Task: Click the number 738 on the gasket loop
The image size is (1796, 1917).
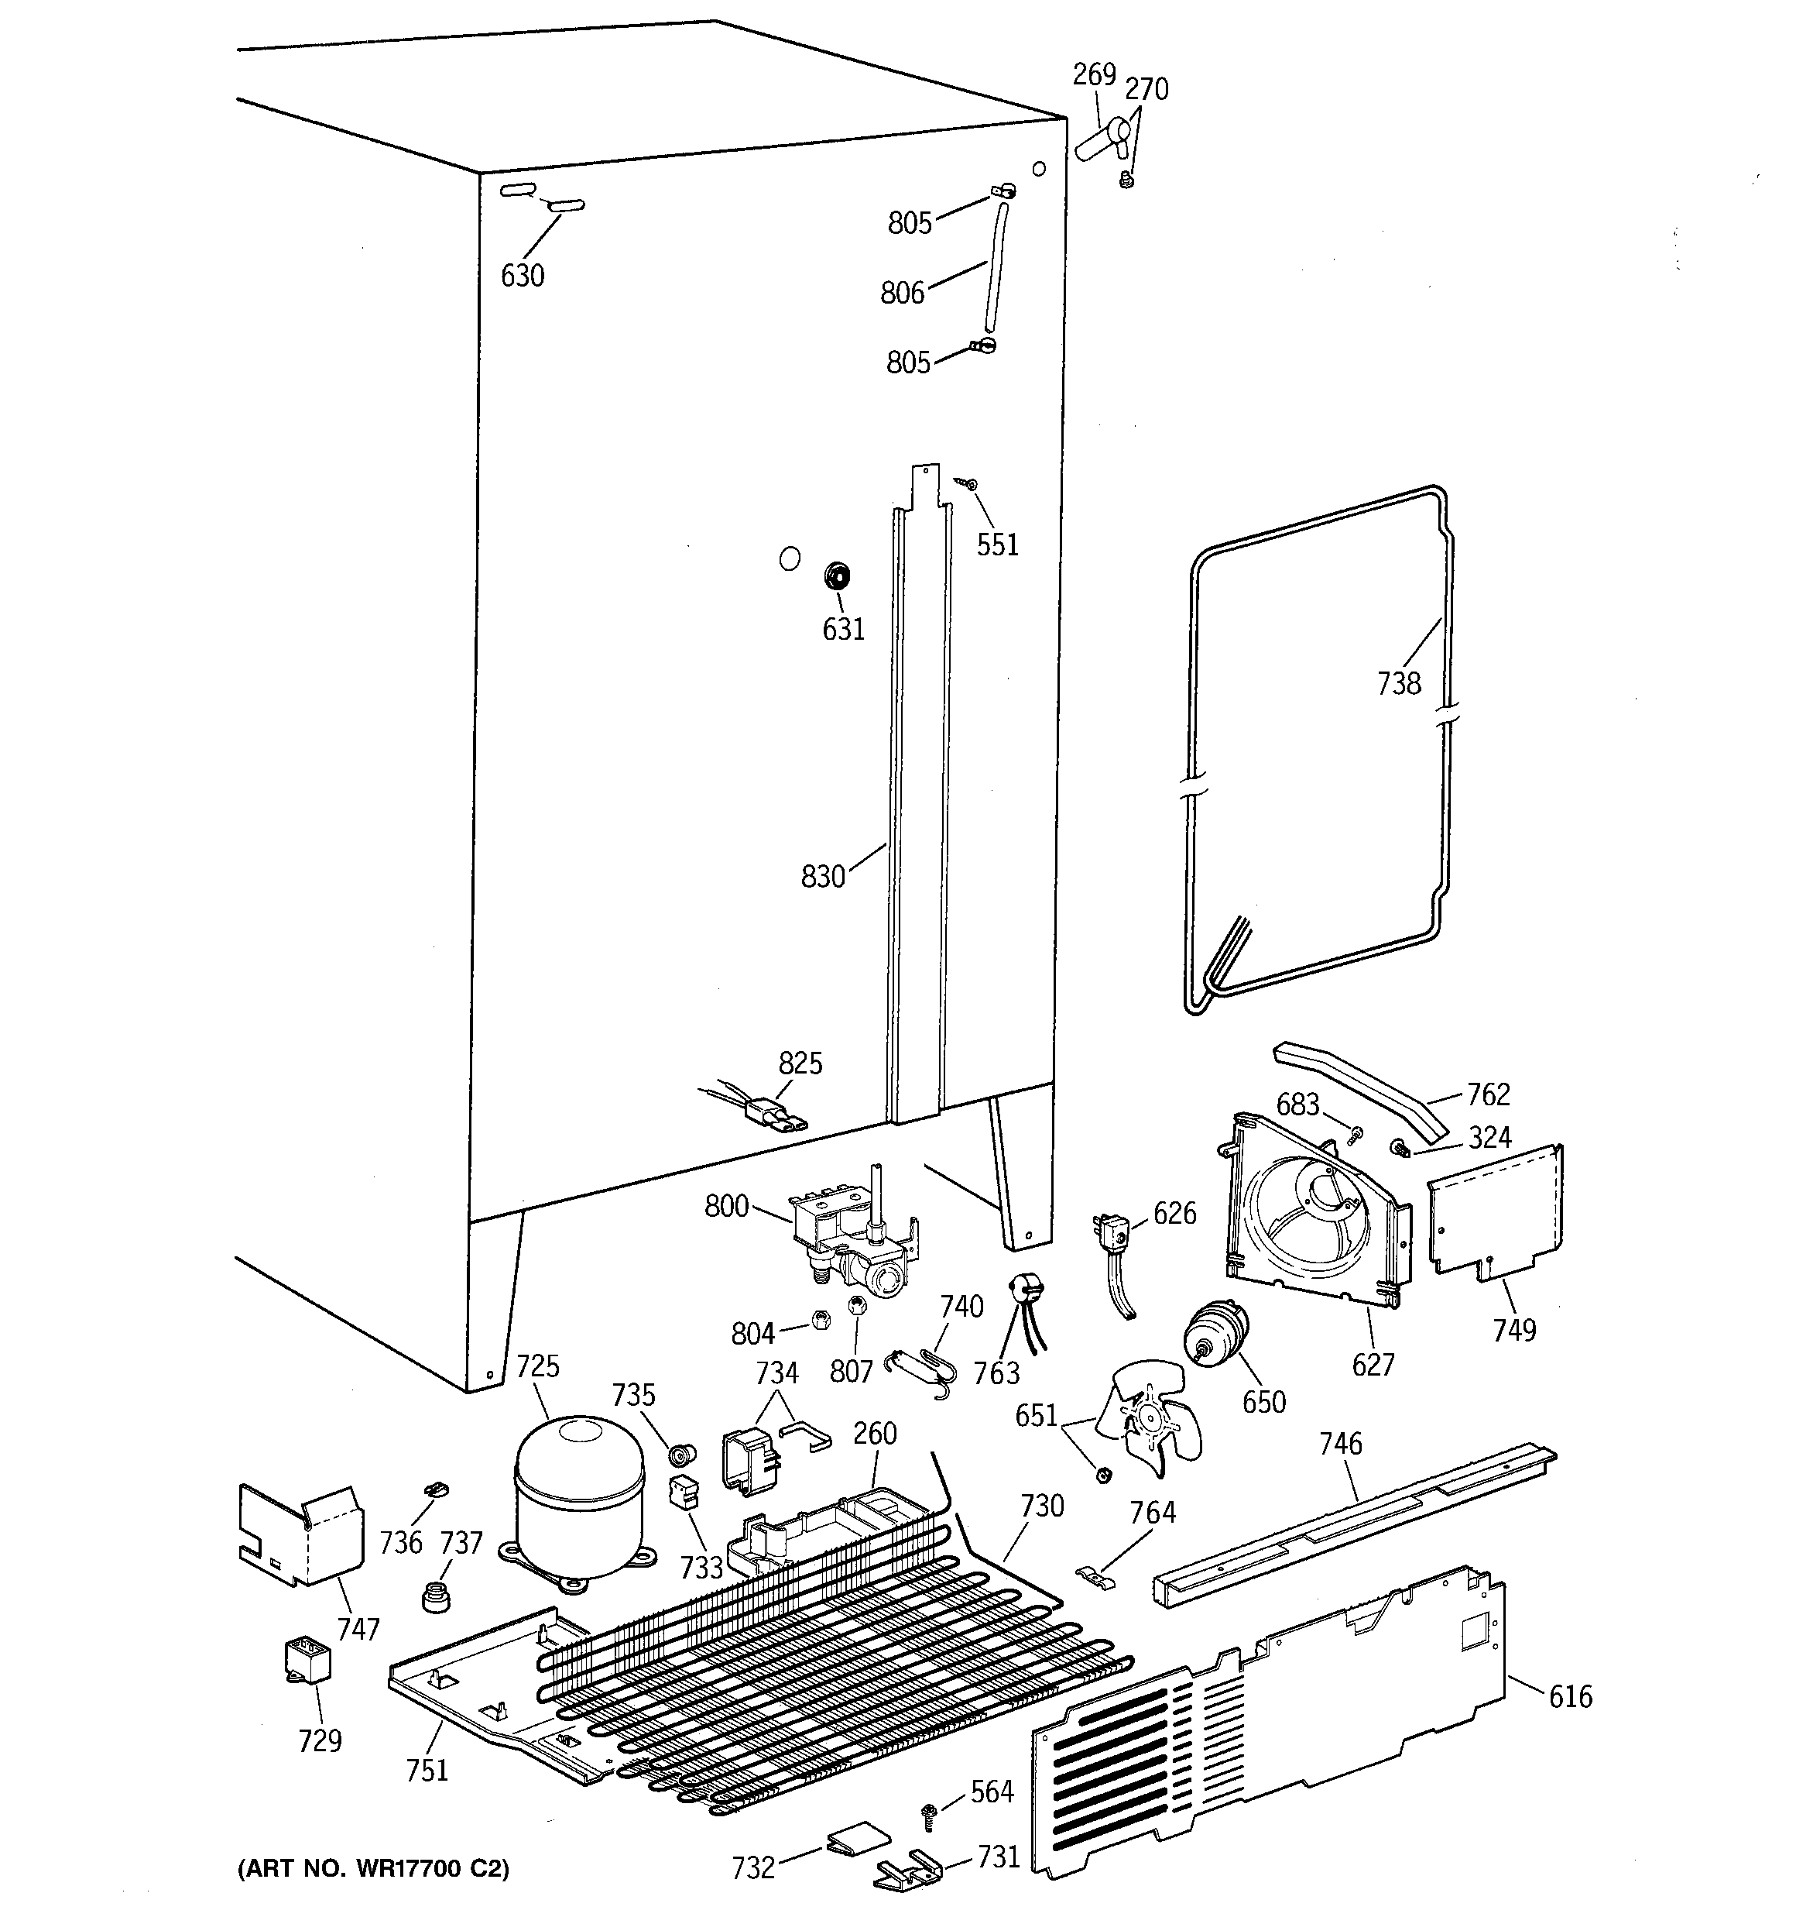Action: pyautogui.click(x=1399, y=684)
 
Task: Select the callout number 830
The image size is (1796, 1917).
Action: pyautogui.click(x=822, y=877)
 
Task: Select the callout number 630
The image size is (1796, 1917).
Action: pyautogui.click(x=523, y=276)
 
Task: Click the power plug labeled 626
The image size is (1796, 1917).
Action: pyautogui.click(x=1112, y=1235)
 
